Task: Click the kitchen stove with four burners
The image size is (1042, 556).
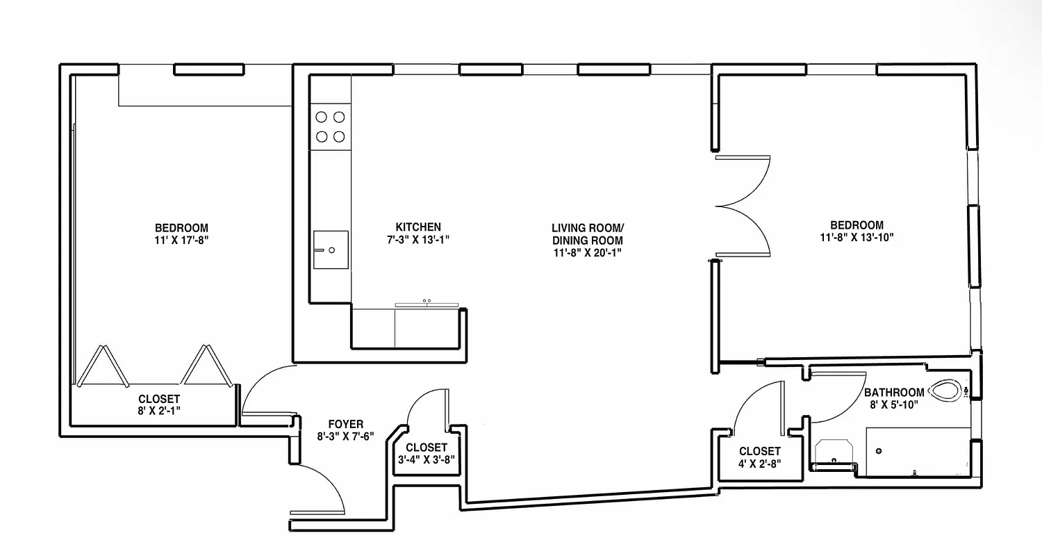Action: (x=329, y=126)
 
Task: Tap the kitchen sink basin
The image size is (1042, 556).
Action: (x=331, y=249)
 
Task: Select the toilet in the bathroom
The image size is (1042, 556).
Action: (x=947, y=391)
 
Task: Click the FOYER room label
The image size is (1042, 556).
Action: (x=345, y=424)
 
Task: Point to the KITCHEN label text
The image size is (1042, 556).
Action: (x=418, y=227)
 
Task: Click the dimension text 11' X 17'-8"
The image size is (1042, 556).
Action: (x=181, y=240)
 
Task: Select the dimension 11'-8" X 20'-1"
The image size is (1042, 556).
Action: (x=588, y=253)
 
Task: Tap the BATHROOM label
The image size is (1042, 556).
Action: (x=894, y=393)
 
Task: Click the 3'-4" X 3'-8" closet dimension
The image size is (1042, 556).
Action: (x=427, y=459)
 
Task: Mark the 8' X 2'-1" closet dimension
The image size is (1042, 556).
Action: (x=159, y=411)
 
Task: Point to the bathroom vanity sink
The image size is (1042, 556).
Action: (x=833, y=452)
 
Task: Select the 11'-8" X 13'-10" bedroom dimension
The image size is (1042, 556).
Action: (x=857, y=237)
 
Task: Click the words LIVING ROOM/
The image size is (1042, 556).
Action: (x=588, y=228)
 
